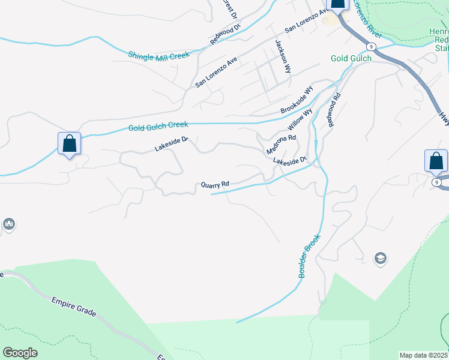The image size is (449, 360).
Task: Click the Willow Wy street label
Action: point(300,119)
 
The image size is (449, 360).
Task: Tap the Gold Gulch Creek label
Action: point(158,126)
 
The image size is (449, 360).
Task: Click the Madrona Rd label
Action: point(282,145)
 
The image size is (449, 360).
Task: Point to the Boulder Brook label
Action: point(310,255)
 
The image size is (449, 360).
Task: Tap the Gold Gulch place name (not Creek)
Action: point(351,58)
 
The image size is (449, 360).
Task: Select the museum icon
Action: point(8,224)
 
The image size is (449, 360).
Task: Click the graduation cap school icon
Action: point(380,259)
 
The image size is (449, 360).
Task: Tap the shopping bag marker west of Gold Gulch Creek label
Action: point(70,145)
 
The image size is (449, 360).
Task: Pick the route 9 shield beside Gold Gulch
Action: point(372,46)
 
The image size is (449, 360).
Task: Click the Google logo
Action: point(20,353)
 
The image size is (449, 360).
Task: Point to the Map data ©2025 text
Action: point(424,355)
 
